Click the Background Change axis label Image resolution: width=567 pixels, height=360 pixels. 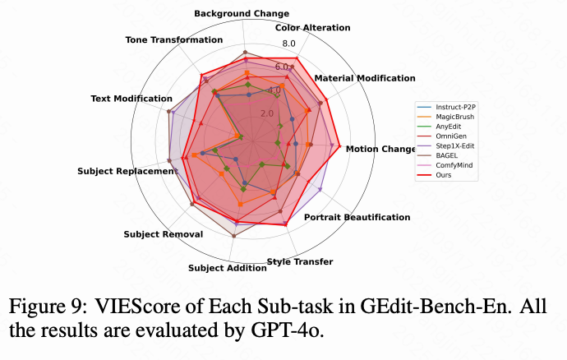(x=242, y=14)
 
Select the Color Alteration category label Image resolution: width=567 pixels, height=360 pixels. (x=313, y=28)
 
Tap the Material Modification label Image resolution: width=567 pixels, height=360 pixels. (x=365, y=78)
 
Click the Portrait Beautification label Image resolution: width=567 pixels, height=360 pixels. (x=357, y=217)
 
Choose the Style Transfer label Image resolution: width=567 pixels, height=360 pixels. (x=300, y=262)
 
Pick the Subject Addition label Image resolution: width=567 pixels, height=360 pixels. (x=227, y=268)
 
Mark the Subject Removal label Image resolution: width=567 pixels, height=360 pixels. (x=164, y=234)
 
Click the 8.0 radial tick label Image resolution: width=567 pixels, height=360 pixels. (x=288, y=44)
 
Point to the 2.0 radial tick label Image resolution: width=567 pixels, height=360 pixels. (x=267, y=113)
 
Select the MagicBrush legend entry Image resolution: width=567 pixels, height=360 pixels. (x=457, y=118)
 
